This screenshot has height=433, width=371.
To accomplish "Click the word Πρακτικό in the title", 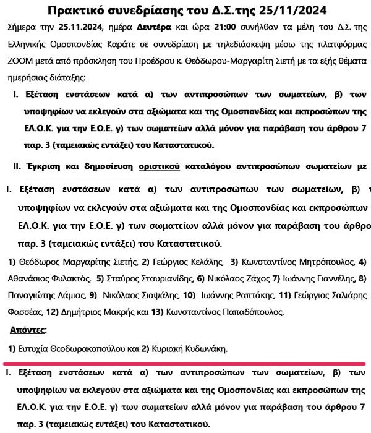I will pyautogui.click(x=77, y=11).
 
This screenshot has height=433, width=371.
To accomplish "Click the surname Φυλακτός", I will pyautogui.click(x=70, y=278).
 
